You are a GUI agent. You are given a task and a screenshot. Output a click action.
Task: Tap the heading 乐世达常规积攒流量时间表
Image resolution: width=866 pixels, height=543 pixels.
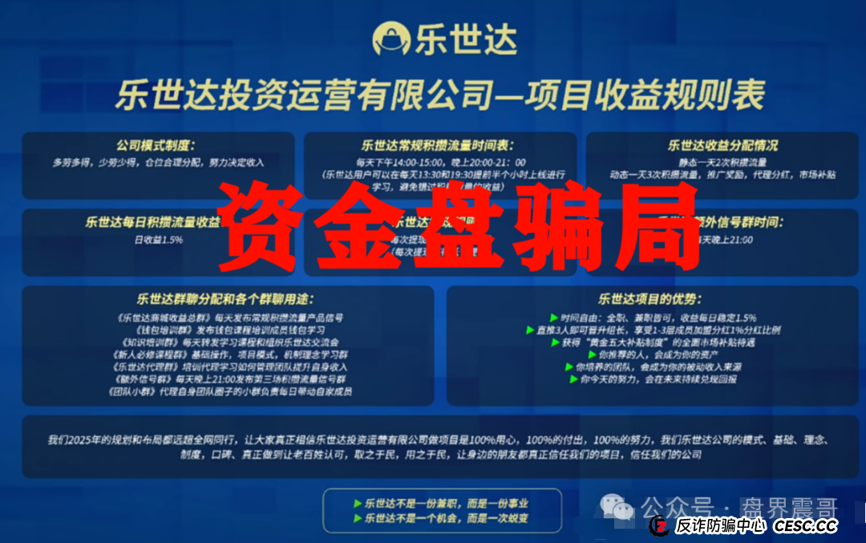436,146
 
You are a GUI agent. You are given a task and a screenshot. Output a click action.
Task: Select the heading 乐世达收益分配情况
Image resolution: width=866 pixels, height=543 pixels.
722,146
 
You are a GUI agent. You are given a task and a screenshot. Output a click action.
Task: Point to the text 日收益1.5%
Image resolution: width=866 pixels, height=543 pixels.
153,239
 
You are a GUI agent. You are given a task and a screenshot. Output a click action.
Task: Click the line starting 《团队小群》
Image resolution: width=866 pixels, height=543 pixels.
229,391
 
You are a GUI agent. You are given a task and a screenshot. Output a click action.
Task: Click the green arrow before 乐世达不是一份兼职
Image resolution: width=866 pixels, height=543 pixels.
358,504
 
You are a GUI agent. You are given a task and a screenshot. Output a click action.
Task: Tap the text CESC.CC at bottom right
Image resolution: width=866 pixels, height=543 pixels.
805,526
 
